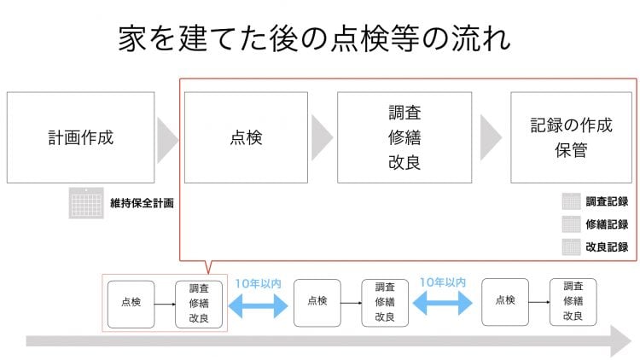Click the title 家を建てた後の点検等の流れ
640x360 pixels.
tap(314, 38)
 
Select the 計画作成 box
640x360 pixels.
tap(81, 137)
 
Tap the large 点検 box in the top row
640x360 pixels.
tap(246, 137)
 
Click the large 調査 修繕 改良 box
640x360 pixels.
tap(404, 137)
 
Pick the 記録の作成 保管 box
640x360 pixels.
tap(571, 137)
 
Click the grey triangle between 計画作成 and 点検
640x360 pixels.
tap(167, 140)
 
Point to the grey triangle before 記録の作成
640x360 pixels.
tap(491, 137)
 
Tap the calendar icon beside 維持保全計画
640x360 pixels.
tap(86, 203)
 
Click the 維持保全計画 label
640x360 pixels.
tap(142, 203)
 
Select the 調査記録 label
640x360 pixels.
tap(607, 201)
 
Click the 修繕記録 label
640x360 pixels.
tap(607, 224)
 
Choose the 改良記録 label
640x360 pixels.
tap(607, 247)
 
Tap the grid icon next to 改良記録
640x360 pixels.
tap(571, 247)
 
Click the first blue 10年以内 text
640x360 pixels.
tap(258, 283)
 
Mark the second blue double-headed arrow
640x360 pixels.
tap(443, 303)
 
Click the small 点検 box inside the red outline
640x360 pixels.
tap(131, 304)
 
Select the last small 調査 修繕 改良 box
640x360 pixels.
tap(573, 302)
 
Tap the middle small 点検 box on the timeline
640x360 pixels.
tap(317, 303)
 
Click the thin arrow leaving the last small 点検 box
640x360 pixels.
tap(539, 302)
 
